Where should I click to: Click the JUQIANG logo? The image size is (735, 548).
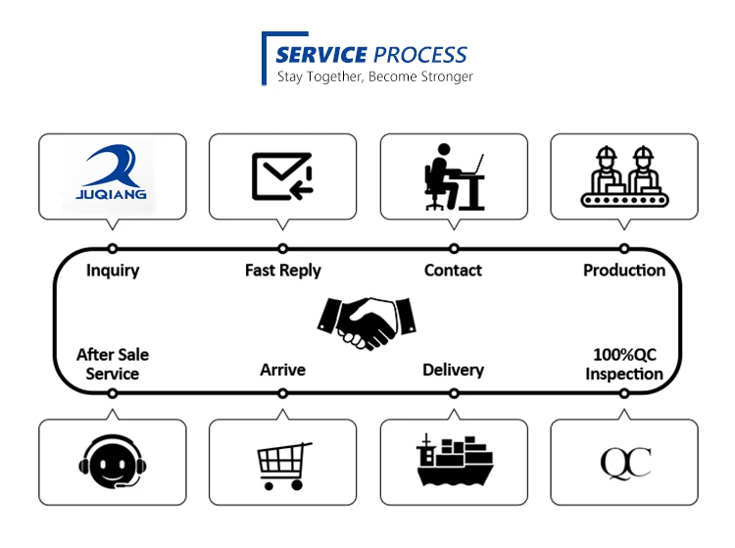[x=112, y=174]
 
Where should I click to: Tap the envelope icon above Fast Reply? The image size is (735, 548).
[x=282, y=175]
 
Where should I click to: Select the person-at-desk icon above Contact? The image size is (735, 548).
[x=454, y=176]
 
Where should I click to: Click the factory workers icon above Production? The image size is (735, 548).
[x=624, y=176]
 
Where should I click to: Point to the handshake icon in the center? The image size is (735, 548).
[x=367, y=321]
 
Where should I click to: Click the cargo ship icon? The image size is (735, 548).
[x=454, y=462]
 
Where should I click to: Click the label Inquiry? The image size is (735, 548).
[x=113, y=271]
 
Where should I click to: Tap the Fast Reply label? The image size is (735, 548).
[x=283, y=271]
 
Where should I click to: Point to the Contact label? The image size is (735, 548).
[x=453, y=271]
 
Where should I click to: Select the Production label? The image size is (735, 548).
[x=624, y=271]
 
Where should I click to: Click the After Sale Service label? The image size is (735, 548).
[x=113, y=364]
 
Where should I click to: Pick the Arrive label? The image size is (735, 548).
[x=283, y=370]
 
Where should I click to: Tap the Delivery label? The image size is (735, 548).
[x=453, y=370]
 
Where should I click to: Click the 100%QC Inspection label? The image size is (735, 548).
[x=624, y=364]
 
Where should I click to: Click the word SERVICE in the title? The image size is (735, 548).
[x=321, y=55]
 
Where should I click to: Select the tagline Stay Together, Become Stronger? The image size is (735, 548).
[x=375, y=76]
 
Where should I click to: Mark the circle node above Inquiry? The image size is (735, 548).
[x=113, y=249]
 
